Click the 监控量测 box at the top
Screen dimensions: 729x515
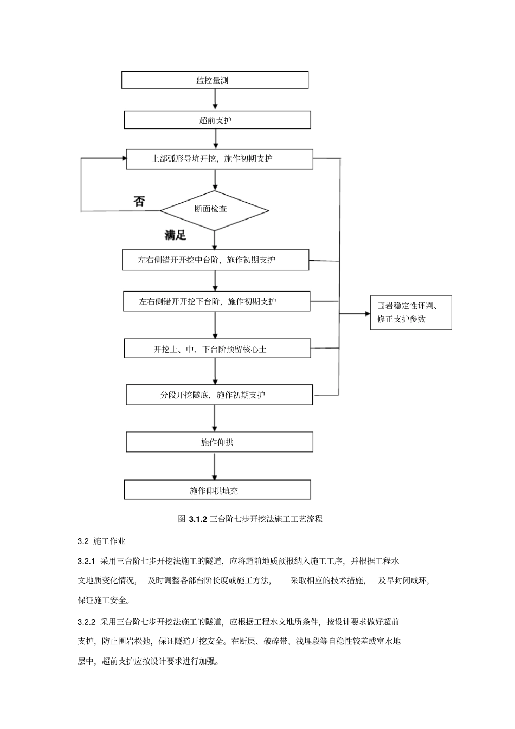215,80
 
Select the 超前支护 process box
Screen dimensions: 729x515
217,120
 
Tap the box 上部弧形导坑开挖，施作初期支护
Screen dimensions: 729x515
220,159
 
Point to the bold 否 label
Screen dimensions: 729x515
139,201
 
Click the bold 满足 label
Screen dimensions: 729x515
175,235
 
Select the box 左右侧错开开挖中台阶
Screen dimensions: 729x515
215,260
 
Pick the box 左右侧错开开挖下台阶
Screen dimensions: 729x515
217,301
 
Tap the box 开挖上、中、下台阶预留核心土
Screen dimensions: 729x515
217,349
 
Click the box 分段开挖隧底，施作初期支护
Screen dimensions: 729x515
220,395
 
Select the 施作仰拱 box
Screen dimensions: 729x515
220,442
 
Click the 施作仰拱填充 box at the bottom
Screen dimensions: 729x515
217,490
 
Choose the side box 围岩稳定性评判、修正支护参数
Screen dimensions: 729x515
410,312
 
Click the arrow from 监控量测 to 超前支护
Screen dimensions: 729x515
216,100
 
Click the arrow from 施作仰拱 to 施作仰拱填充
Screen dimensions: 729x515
215,466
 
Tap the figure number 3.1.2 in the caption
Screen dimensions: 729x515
198,519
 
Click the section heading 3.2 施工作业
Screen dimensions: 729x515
102,541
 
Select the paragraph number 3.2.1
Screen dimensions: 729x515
87,560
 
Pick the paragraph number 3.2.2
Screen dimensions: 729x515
87,621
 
